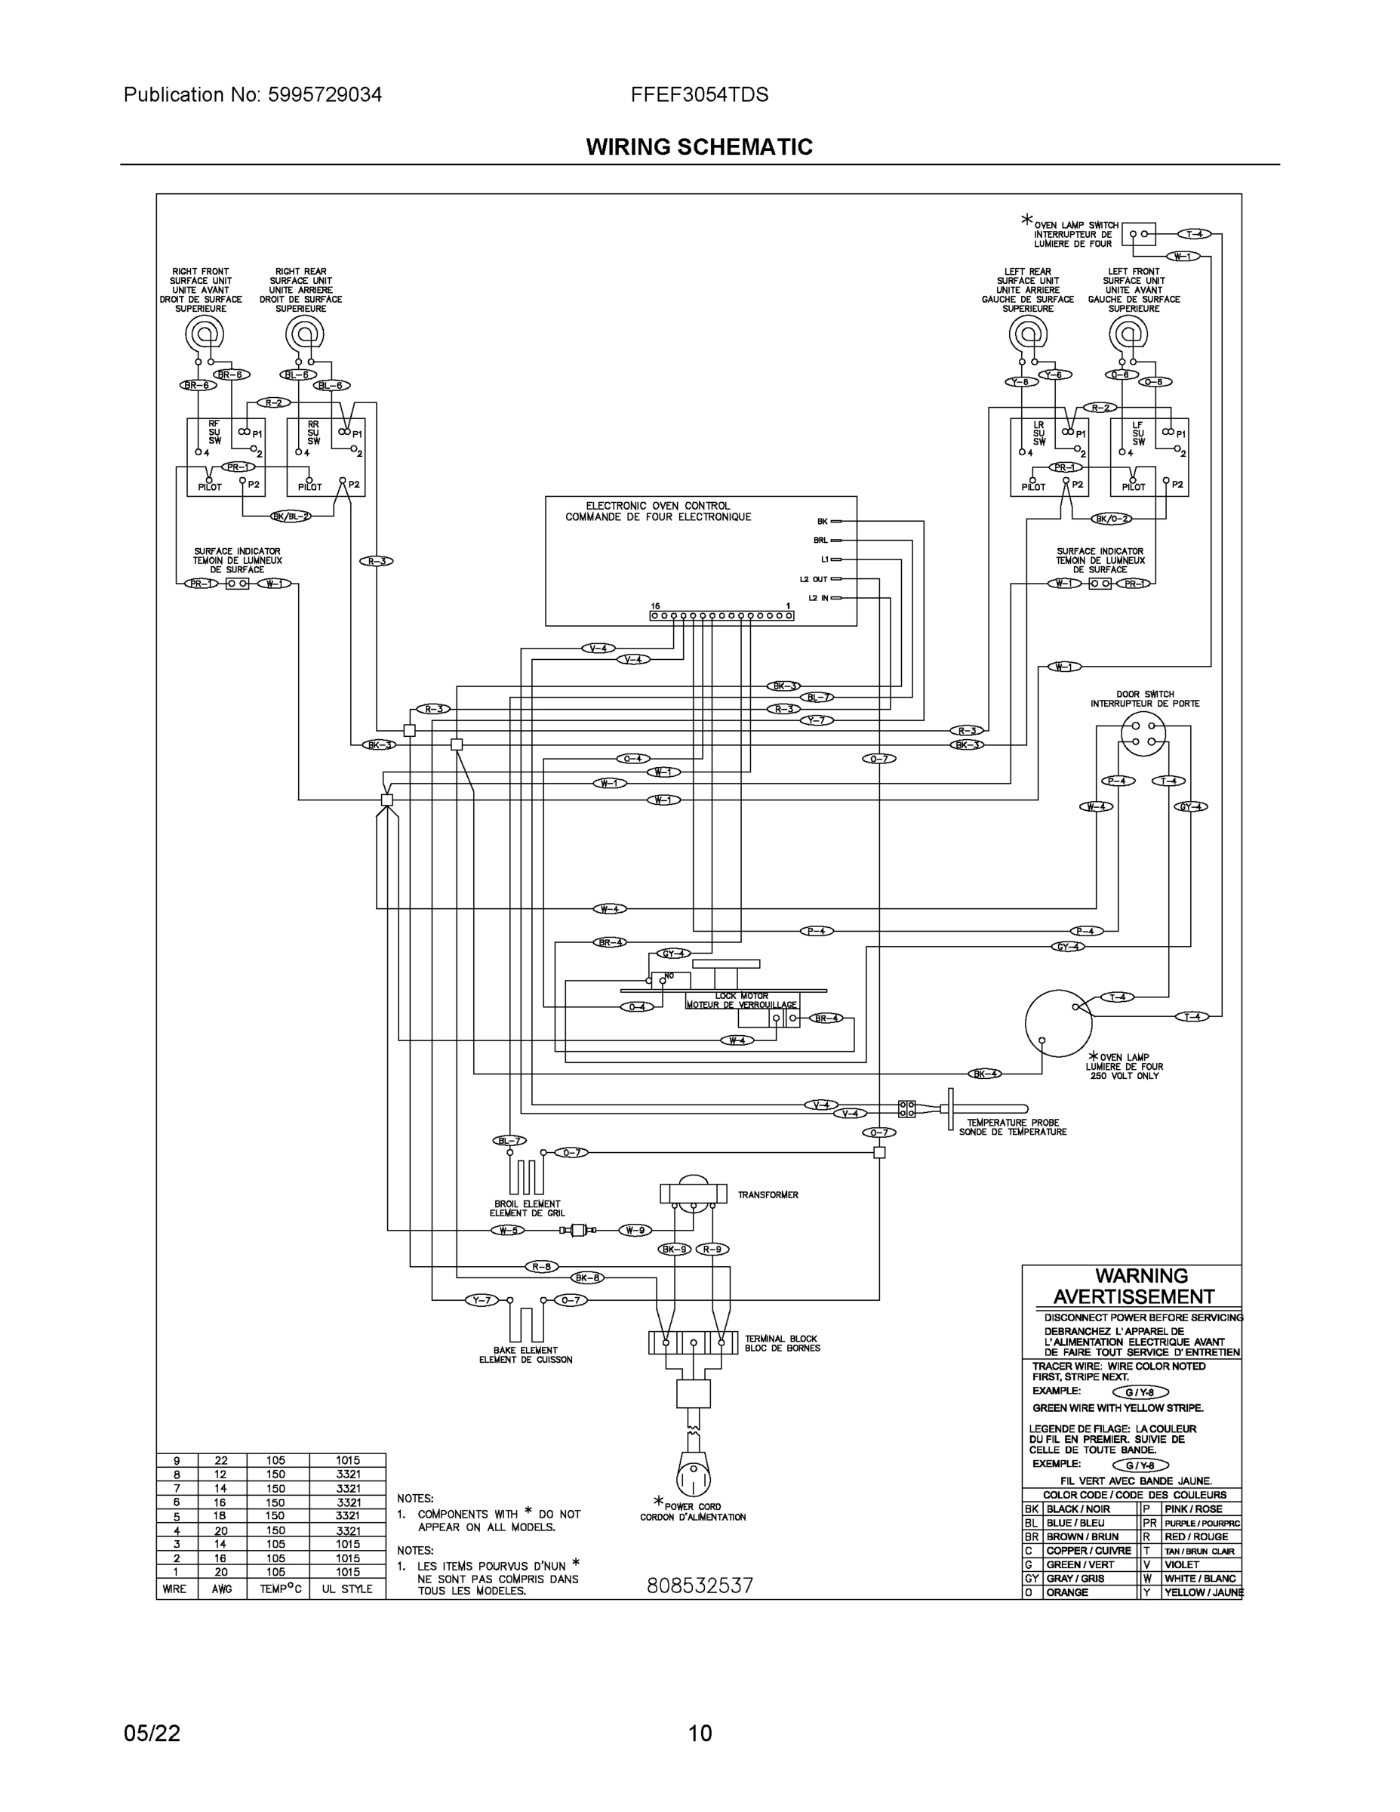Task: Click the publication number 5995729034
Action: tap(325, 94)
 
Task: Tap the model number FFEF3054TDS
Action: tap(699, 94)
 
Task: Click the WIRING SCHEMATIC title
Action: tap(699, 147)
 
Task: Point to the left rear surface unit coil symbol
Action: tap(1028, 335)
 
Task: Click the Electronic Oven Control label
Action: tap(657, 511)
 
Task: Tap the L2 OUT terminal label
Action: tap(813, 579)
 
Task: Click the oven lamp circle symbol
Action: tap(1058, 1023)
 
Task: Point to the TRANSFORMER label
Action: tap(768, 1194)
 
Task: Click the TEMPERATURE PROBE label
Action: tap(1012, 1126)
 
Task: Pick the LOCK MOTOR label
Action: tap(741, 996)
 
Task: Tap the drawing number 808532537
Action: tap(699, 1585)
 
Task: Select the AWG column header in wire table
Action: tap(221, 1589)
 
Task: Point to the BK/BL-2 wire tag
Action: tap(291, 516)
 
